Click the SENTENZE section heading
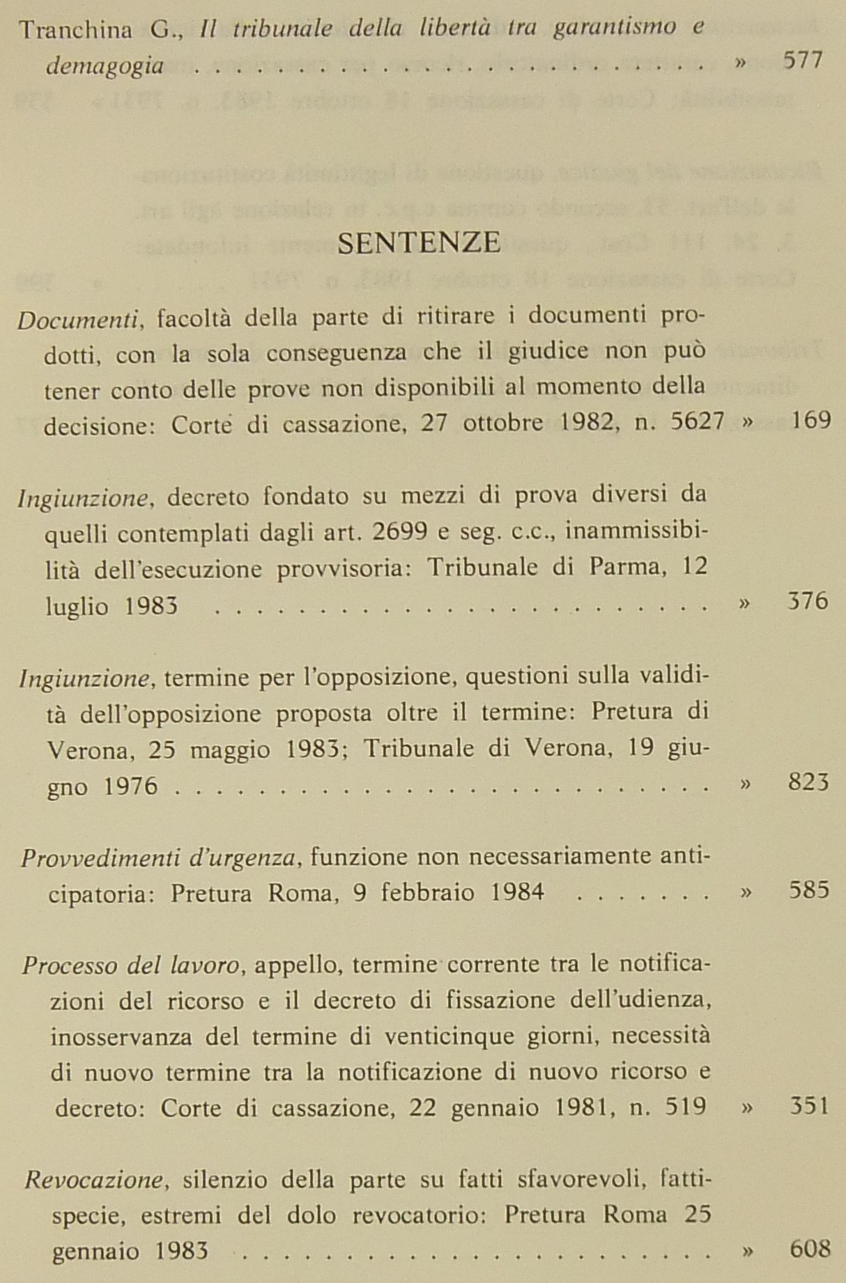coord(419,242)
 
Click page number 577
coord(803,61)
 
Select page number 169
coord(811,421)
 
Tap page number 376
coord(808,600)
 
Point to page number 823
coord(808,782)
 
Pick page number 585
coord(809,890)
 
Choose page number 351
coord(809,1106)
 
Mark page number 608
coord(810,1249)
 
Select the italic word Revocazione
coord(95,1180)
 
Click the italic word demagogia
coord(105,66)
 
